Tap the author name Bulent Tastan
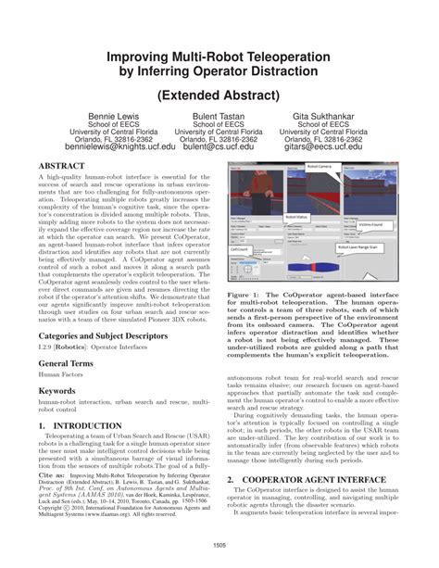219,118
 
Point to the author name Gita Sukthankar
325,118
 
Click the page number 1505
219,545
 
